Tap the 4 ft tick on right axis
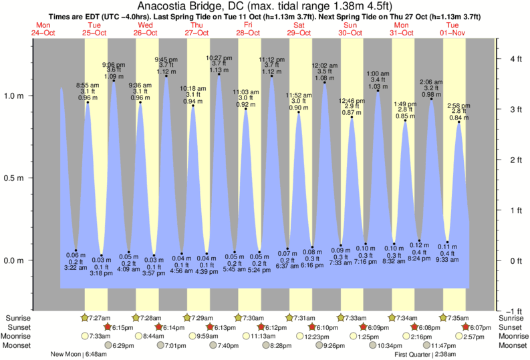click(x=514, y=59)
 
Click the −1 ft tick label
click(x=511, y=311)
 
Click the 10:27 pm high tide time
click(x=219, y=57)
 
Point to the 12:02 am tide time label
click(x=325, y=65)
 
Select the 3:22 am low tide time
click(x=76, y=267)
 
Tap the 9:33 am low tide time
click(x=448, y=258)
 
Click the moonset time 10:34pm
click(x=390, y=345)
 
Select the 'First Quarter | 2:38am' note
click(x=426, y=355)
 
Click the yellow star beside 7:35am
click(x=442, y=318)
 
